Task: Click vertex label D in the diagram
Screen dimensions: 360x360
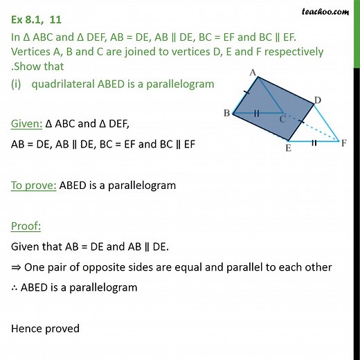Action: point(318,101)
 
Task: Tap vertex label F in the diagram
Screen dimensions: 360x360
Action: point(344,143)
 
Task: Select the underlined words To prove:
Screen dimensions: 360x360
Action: point(33,185)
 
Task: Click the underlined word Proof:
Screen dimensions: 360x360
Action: point(26,226)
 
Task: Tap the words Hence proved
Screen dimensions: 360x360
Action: point(45,328)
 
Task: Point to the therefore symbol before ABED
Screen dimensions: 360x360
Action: point(15,287)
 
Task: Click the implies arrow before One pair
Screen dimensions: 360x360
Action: point(16,267)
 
